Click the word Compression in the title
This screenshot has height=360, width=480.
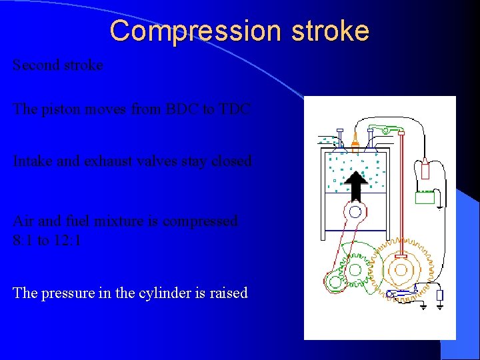point(175,31)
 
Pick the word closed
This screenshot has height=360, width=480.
point(231,161)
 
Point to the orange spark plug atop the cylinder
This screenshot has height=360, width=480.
point(355,141)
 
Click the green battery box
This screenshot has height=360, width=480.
point(425,197)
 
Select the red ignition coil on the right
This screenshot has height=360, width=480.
point(425,169)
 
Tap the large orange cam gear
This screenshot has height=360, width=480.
point(401,269)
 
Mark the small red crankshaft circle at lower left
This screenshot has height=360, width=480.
point(335,281)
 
